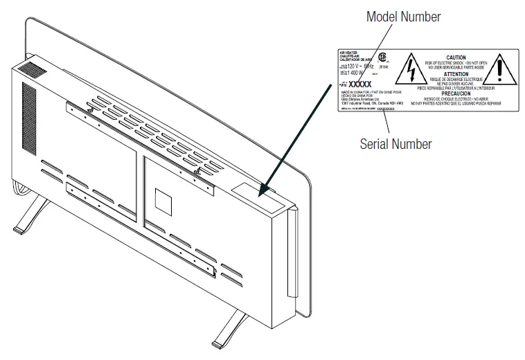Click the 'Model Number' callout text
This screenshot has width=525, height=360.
pos(403,17)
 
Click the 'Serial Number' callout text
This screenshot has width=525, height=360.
pos(395,144)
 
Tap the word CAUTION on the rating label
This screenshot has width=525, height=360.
pos(456,57)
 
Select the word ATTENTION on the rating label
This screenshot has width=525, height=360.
pos(456,73)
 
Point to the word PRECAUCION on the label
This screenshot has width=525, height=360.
pos(456,94)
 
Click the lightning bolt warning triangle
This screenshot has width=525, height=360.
pos(414,69)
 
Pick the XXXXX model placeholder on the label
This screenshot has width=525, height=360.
pos(360,84)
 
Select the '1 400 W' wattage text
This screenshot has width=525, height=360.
pos(359,72)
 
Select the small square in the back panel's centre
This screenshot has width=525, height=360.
pos(161,201)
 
